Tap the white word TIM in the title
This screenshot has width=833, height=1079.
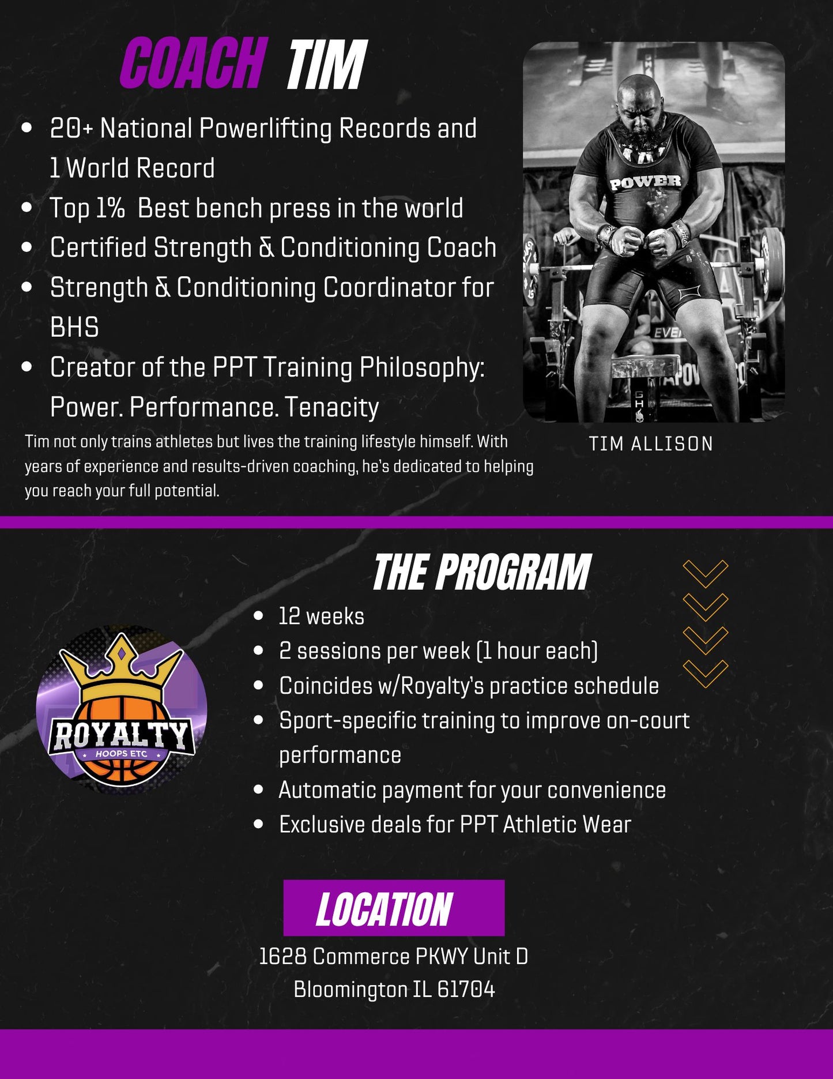pyautogui.click(x=327, y=65)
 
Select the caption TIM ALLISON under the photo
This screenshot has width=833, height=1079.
pyautogui.click(x=651, y=443)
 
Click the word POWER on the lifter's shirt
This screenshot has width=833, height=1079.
pyautogui.click(x=646, y=182)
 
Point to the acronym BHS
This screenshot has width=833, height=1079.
pyautogui.click(x=74, y=328)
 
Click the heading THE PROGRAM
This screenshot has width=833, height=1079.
pyautogui.click(x=482, y=572)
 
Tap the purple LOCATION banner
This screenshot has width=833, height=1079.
pyautogui.click(x=394, y=908)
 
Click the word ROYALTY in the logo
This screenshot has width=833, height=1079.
pyautogui.click(x=121, y=735)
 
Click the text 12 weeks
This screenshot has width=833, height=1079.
pyautogui.click(x=322, y=616)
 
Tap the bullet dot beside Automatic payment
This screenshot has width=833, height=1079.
pyautogui.click(x=258, y=789)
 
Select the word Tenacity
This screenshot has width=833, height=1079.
pyautogui.click(x=332, y=407)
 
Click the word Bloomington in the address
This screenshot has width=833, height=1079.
pyautogui.click(x=350, y=990)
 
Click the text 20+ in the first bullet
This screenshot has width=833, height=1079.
pyautogui.click(x=71, y=128)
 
